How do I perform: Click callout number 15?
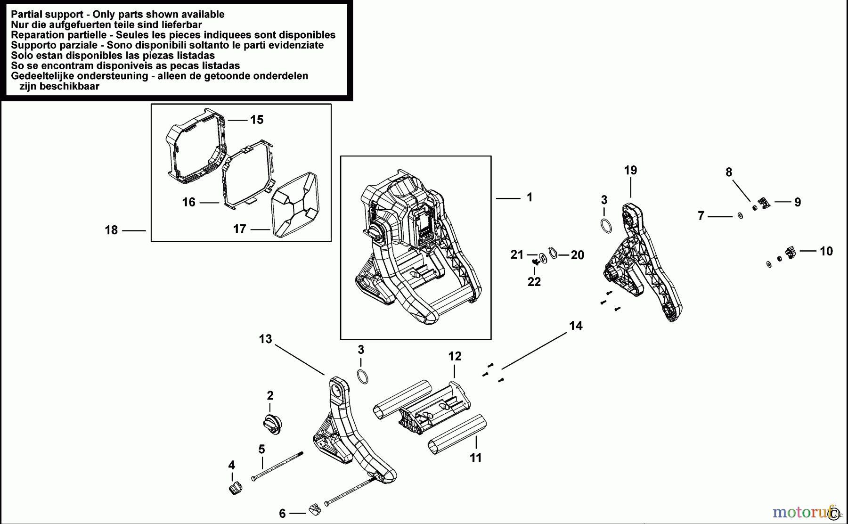257,120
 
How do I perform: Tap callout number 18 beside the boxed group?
111,230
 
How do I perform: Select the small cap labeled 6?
315,509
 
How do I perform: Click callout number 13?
265,339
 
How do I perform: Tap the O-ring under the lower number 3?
362,377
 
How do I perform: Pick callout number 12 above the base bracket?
455,357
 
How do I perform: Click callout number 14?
576,326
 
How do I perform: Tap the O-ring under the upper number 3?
607,226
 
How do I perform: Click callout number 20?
577,255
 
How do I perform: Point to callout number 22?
534,282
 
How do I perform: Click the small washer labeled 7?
740,216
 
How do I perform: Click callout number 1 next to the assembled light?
529,197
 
